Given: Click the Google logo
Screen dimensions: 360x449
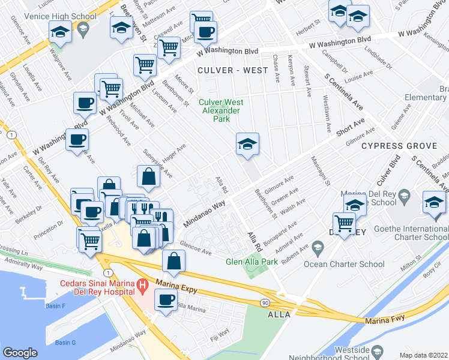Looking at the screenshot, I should pos(20,353).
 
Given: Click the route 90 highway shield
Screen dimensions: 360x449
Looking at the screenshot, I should pos(265,303).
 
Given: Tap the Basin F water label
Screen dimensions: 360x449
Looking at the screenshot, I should pos(55,306).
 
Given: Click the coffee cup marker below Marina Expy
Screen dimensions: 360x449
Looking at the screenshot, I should pos(166,300).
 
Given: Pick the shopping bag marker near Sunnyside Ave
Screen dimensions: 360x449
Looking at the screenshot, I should pos(148,176).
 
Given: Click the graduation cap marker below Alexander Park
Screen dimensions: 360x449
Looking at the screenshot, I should pos(247,144).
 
